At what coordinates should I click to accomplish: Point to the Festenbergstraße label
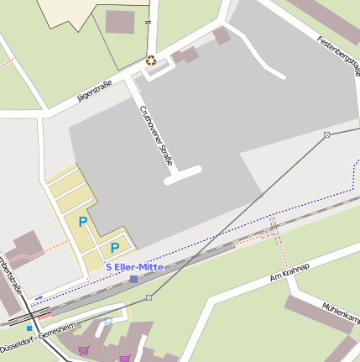(x=338, y=51)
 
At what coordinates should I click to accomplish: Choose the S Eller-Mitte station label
(x=134, y=266)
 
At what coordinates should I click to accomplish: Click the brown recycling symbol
(x=151, y=60)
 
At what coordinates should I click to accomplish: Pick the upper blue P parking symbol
(x=82, y=222)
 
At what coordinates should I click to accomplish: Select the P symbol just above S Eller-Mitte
(x=114, y=248)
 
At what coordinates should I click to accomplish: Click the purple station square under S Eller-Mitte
(x=133, y=278)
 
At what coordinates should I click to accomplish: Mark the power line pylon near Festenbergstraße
(x=326, y=134)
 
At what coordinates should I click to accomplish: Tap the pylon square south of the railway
(x=149, y=297)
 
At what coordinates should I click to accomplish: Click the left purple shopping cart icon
(x=83, y=349)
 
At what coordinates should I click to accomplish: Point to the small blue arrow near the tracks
(x=39, y=297)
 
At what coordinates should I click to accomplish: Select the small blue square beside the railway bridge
(x=29, y=328)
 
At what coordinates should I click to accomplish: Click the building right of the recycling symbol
(x=185, y=55)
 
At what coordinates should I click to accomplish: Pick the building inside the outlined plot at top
(x=119, y=22)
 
